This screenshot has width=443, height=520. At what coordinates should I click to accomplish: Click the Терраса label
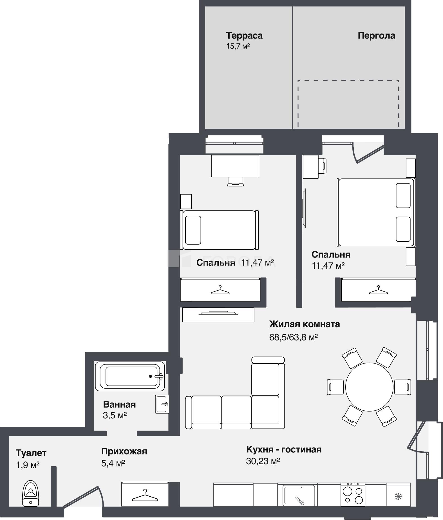tap(244, 36)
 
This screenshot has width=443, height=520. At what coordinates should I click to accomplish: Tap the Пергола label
tap(376, 36)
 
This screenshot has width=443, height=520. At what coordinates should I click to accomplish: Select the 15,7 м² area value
tap(238, 46)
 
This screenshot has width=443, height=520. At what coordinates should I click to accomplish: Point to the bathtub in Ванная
tap(130, 376)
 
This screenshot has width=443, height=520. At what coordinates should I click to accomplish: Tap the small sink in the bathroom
tap(162, 404)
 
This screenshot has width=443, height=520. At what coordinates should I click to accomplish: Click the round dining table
tap(369, 387)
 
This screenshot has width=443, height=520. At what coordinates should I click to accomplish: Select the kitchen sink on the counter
tap(296, 495)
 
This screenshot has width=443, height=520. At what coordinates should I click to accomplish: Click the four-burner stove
tap(353, 494)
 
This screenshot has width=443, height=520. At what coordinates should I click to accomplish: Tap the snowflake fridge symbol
tap(398, 497)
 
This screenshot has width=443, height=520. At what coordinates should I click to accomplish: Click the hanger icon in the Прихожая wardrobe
tap(145, 495)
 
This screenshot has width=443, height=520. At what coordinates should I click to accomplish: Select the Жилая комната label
tap(305, 324)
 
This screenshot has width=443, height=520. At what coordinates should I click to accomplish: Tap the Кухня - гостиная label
tap(284, 449)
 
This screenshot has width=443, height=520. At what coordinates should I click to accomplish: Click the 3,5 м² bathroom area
tap(115, 415)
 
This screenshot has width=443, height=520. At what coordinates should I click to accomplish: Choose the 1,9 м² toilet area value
tap(28, 465)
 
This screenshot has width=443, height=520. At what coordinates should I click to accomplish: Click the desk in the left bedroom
tap(235, 166)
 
